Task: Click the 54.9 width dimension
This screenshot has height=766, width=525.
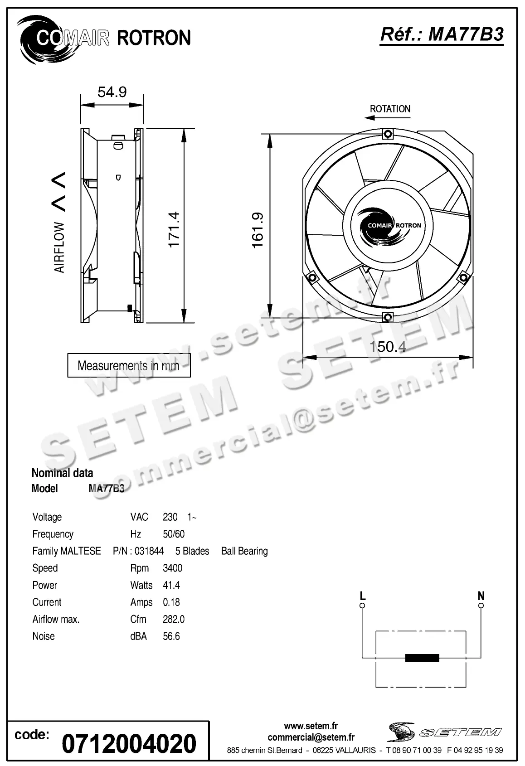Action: click(x=112, y=92)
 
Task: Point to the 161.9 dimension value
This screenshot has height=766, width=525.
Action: click(x=258, y=230)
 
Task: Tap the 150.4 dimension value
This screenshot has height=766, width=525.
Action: click(x=388, y=347)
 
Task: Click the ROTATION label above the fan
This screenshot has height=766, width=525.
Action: click(x=390, y=109)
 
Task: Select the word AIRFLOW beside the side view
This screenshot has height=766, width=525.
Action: click(x=59, y=247)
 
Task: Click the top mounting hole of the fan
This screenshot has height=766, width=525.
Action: click(x=388, y=134)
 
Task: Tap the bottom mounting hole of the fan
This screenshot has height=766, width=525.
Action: click(x=388, y=317)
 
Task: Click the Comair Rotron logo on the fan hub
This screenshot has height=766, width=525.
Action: click(x=388, y=225)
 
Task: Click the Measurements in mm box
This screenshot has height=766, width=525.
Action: click(x=129, y=365)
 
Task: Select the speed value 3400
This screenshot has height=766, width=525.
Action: click(x=173, y=568)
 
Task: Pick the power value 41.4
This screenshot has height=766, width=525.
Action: click(x=171, y=585)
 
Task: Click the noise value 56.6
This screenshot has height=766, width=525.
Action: click(x=171, y=636)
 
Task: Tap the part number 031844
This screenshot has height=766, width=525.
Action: click(x=149, y=551)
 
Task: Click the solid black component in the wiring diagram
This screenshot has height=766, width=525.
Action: click(x=422, y=658)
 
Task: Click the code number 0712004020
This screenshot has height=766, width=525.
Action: click(x=129, y=744)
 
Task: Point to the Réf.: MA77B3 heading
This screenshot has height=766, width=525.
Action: click(x=442, y=34)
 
